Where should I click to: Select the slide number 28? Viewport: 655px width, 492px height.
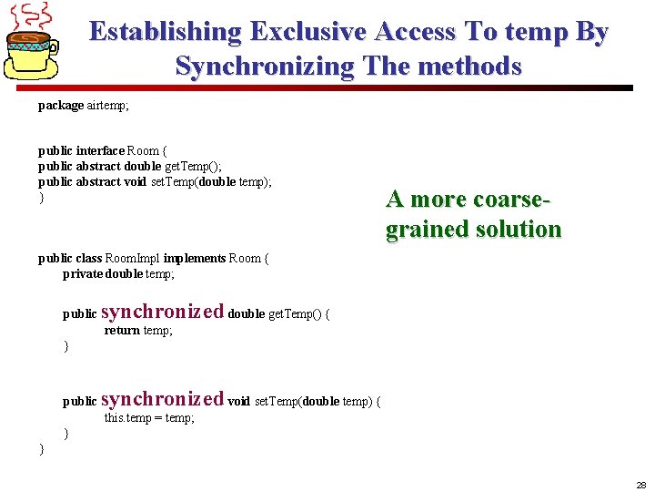click(x=641, y=485)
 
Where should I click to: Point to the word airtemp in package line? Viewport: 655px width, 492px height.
click(x=107, y=106)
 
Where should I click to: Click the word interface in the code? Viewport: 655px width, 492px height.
click(x=100, y=150)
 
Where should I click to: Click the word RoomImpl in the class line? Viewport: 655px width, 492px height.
click(x=134, y=259)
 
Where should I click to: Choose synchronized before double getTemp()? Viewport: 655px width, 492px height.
click(x=162, y=312)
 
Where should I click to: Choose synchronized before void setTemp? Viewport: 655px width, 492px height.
click(x=162, y=399)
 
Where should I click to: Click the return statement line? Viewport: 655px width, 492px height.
click(x=138, y=330)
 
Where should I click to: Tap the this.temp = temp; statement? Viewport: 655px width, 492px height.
click(x=149, y=417)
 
